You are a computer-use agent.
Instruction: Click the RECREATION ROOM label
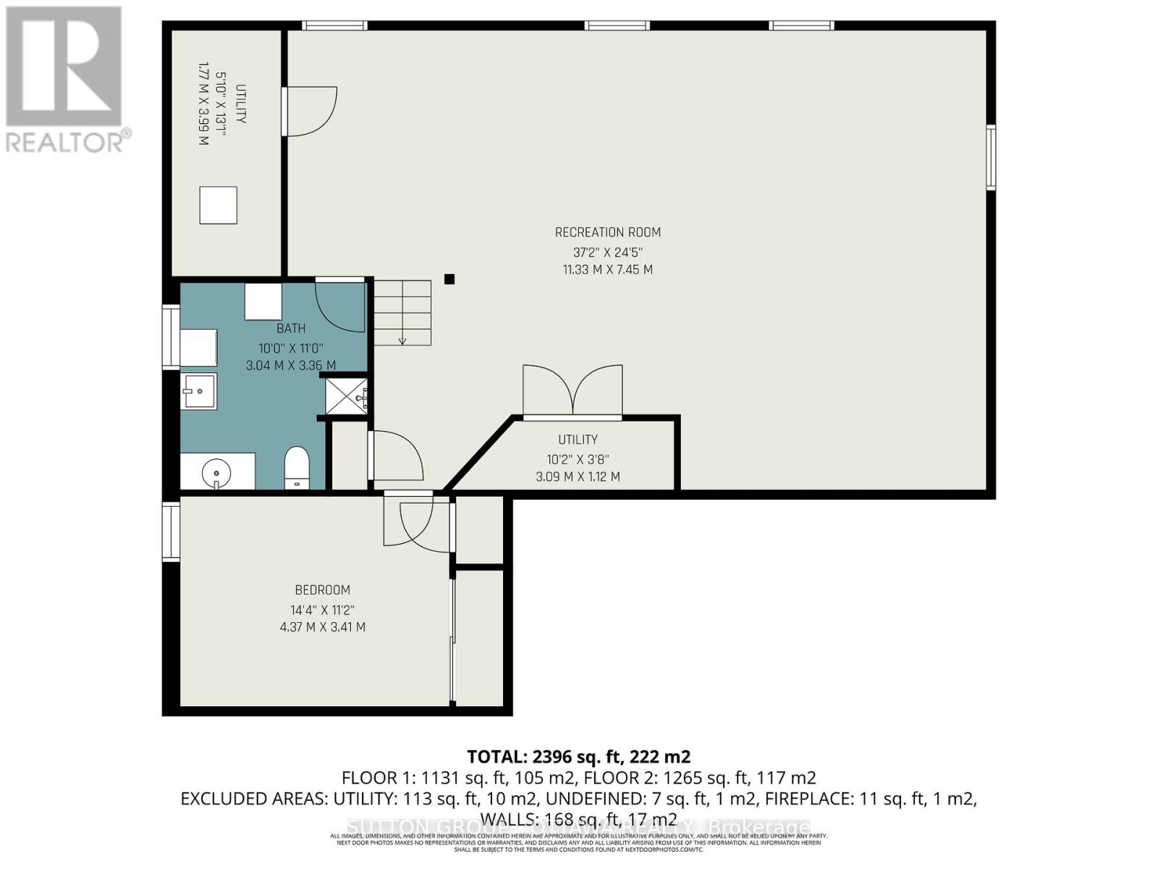click(607, 232)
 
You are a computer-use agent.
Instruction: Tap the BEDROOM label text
click(322, 590)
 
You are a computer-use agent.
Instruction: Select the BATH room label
click(290, 328)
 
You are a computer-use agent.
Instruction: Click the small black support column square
click(449, 279)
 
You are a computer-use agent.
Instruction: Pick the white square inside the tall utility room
click(218, 205)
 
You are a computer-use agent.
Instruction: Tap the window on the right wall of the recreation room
click(991, 157)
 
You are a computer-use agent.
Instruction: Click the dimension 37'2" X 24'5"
click(607, 252)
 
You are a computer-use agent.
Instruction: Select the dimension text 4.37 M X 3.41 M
click(322, 627)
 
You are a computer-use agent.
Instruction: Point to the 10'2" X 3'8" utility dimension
click(578, 458)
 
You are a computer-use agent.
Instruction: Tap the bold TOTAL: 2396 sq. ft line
click(578, 757)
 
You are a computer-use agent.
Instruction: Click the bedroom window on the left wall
click(171, 532)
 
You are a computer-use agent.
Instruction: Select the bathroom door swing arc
click(340, 308)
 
